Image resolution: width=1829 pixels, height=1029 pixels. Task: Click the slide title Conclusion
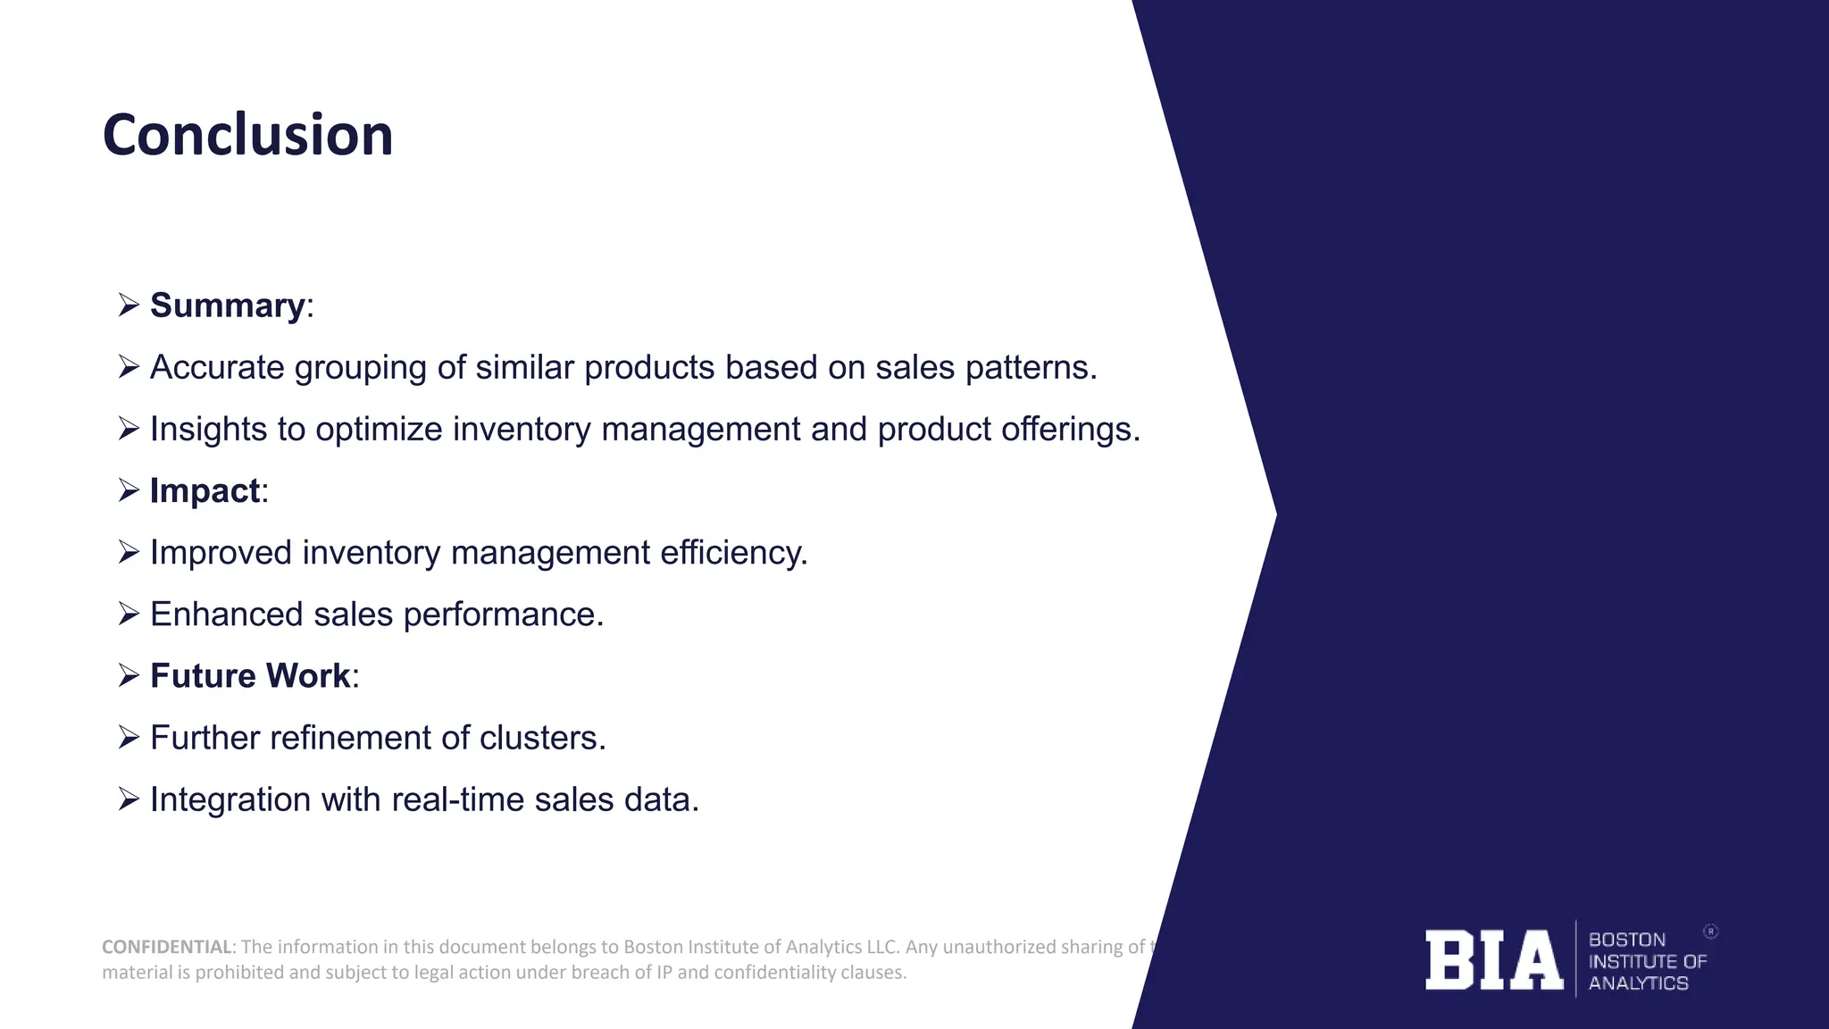click(247, 136)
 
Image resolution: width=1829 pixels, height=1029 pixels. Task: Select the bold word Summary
click(227, 305)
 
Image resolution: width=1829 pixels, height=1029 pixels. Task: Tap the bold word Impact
click(205, 491)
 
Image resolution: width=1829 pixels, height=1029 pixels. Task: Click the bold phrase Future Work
click(250, 676)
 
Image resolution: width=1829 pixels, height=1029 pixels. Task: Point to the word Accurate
click(217, 367)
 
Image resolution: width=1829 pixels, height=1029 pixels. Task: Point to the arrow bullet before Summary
click(129, 305)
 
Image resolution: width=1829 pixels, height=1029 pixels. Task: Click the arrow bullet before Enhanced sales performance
click(129, 615)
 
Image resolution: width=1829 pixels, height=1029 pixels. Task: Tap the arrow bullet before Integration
click(129, 799)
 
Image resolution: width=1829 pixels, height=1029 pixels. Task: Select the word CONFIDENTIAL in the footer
click(167, 947)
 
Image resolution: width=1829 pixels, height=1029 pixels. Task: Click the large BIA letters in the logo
click(1493, 960)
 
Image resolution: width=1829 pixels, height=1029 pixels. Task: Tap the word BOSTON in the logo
click(1626, 940)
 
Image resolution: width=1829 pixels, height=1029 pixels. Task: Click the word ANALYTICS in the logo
click(1638, 983)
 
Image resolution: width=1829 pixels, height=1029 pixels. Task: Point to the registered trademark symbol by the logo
click(1710, 932)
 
